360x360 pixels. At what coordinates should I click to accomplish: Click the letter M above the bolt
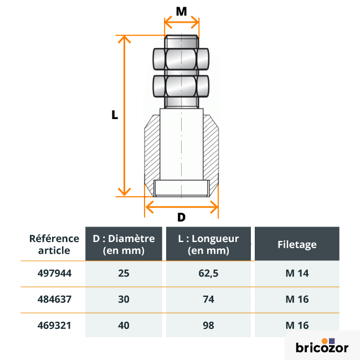181,11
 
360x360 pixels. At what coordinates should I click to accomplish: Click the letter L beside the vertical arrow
115,115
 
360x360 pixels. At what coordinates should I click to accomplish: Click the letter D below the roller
181,217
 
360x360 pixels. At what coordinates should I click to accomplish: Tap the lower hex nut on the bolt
181,86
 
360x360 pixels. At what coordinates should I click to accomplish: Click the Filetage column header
297,244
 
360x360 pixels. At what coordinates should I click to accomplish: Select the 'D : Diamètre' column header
124,244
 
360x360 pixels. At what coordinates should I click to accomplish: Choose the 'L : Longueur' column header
208,244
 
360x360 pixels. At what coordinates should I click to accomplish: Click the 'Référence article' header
54,244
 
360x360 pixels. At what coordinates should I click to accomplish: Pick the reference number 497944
54,274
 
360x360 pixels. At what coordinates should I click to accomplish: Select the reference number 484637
54,300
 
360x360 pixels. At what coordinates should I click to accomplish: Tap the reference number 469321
54,326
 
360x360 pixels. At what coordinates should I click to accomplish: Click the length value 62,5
208,274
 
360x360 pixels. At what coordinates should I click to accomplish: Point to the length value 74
208,300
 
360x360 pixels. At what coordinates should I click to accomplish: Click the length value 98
208,326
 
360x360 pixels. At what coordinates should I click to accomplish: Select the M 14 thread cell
297,274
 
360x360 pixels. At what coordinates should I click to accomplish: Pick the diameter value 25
124,274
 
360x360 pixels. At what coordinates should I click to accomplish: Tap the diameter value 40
124,326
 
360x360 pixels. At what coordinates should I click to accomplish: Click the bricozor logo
322,346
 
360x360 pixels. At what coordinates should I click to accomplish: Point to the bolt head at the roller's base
181,189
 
